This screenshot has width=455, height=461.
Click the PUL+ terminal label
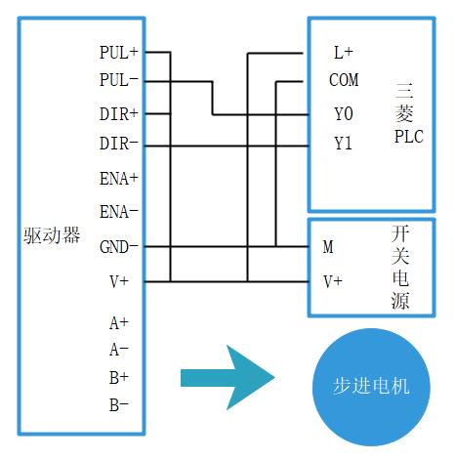tap(119, 53)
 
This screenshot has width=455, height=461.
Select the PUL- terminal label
tap(119, 80)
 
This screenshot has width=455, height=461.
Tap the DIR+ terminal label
tap(119, 114)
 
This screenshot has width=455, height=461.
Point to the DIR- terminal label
tap(119, 144)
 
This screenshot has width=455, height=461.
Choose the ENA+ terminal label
tap(119, 179)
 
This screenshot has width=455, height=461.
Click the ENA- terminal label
tap(119, 212)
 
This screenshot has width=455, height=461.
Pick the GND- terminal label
tap(119, 247)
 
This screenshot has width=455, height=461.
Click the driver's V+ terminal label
tap(119, 281)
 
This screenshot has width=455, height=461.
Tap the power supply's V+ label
tap(333, 281)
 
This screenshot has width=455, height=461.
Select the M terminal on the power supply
tap(328, 247)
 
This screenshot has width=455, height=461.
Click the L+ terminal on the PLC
tap(344, 53)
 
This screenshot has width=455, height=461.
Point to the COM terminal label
tap(344, 80)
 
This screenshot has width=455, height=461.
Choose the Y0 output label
tap(344, 114)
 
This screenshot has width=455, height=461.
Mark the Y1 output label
tap(344, 144)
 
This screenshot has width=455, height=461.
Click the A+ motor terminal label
tap(119, 323)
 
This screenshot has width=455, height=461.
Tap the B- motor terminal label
tap(119, 405)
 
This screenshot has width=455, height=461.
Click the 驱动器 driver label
tap(52, 235)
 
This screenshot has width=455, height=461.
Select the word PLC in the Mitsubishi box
tap(409, 137)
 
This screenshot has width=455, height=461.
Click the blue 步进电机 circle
tap(371, 387)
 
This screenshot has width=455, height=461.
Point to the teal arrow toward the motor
tap(227, 378)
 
